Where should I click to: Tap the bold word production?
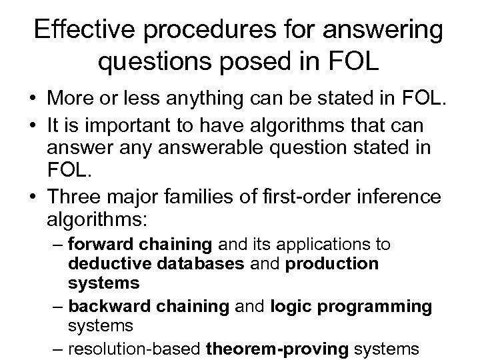[x=332, y=263]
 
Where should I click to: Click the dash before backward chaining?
[x=58, y=307]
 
